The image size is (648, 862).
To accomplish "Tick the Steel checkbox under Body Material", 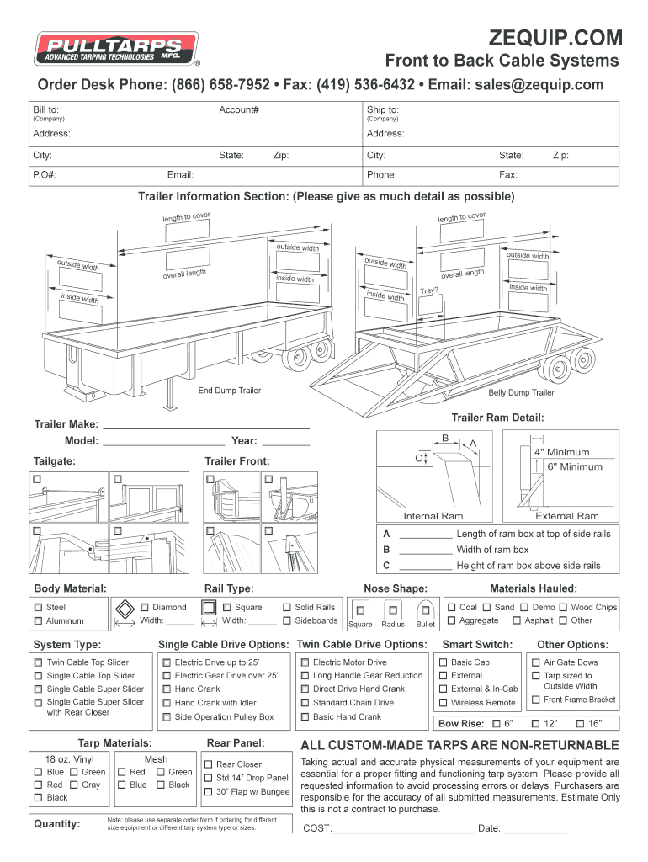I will pos(38,607).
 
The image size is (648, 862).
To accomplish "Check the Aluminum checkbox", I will pos(38,621).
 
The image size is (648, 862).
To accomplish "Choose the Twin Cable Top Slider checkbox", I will pos(38,662).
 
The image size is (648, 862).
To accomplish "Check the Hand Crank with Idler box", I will pos(167,703).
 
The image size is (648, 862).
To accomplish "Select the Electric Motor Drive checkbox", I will pos(305,662).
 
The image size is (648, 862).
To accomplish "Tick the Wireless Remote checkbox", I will pos(443,703).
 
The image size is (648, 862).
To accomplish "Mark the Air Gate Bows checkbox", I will pos(535,662).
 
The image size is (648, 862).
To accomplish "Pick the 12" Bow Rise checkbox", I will pos(535,724).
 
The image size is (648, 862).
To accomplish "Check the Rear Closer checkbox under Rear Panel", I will pos(208,764).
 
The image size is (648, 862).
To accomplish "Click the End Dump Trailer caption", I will pos(229,391).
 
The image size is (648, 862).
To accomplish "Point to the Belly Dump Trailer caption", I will pos(521,392).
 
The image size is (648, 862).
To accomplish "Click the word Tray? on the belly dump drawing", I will pos(429,290).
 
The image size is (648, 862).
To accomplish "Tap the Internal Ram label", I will pos(433,516).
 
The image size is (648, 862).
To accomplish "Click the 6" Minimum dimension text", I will pos(575,466).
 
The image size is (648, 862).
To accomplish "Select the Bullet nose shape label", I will pos(426,625).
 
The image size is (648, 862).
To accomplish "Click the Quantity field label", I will pos(56,824).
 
